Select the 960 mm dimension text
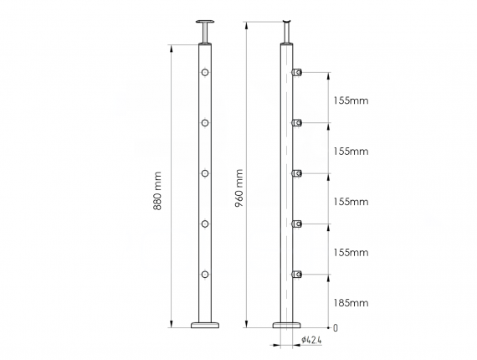click(239, 192)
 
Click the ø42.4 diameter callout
click(312, 340)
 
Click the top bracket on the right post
click(296, 74)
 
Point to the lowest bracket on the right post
click(296, 274)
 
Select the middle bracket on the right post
click(296, 173)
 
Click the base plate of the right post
click(288, 323)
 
